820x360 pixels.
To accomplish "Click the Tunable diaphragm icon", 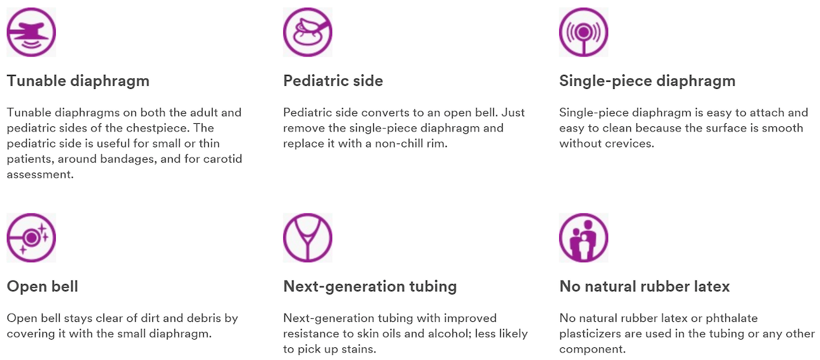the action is click(31, 32).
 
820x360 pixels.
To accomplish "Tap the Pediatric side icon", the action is click(307, 32).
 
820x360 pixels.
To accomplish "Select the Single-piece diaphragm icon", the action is click(583, 32).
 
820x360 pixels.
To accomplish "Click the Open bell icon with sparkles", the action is click(31, 237).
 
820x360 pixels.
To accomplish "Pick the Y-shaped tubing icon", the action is click(307, 237).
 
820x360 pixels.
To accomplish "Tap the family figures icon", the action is click(583, 237).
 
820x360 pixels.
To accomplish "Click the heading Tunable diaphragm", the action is click(78, 81).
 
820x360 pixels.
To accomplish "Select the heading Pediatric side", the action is click(333, 81).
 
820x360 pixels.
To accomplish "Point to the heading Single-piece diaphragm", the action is click(647, 81).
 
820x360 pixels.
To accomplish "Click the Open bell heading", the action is click(43, 286).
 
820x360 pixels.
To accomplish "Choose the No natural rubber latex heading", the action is click(645, 286).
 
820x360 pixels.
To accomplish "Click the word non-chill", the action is click(396, 143).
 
